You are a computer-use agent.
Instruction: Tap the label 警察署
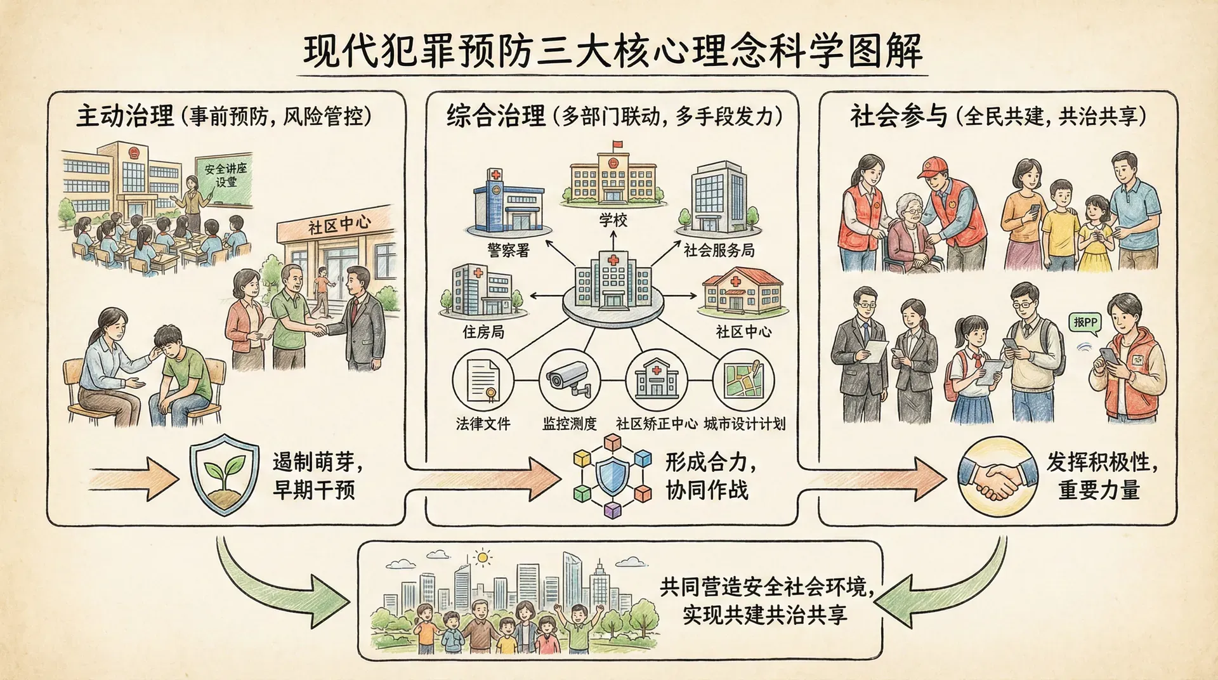click(508, 250)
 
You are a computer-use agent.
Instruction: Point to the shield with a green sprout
click(224, 474)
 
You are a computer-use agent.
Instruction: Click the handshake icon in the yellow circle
click(993, 475)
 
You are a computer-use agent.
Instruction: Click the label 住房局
click(483, 331)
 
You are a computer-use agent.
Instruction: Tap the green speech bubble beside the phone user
click(1085, 322)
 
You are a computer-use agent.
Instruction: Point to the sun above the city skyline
click(483, 558)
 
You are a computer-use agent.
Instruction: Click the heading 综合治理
click(495, 116)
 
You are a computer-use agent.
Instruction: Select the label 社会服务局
click(719, 250)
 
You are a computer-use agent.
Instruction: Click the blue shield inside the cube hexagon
click(613, 475)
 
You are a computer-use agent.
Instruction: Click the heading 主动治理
click(124, 116)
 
